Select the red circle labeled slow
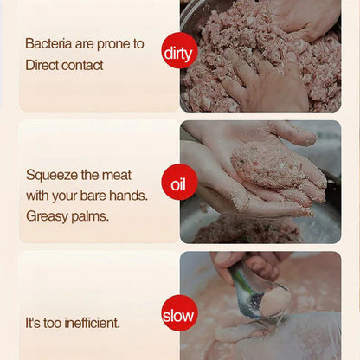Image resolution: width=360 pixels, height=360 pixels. (x=180, y=314)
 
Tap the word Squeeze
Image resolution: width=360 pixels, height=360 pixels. (x=51, y=174)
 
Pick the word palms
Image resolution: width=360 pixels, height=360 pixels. (x=91, y=216)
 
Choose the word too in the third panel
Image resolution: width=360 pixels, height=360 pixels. (x=55, y=323)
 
